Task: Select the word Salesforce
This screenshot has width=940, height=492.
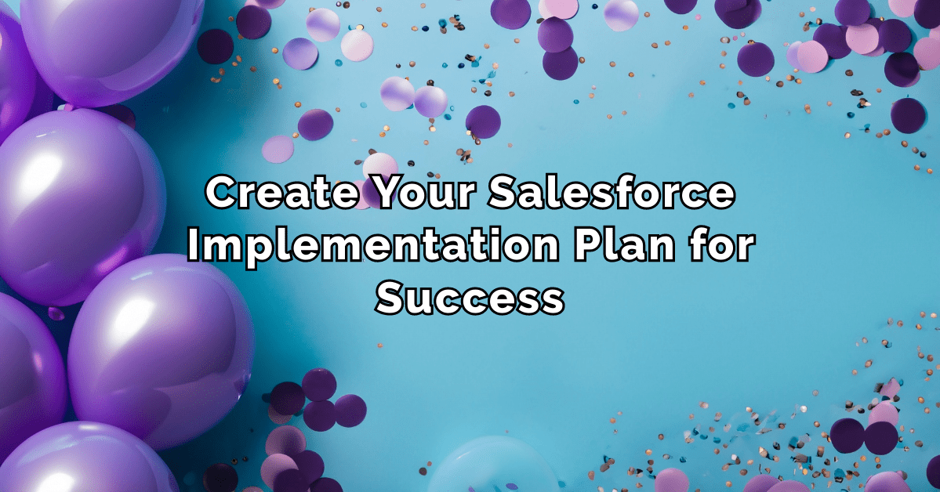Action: coord(612,194)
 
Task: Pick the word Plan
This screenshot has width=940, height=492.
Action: coord(624,247)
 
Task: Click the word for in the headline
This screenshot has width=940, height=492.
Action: coord(722,247)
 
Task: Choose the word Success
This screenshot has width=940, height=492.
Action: coord(470,298)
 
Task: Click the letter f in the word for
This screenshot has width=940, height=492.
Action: coord(696,247)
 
